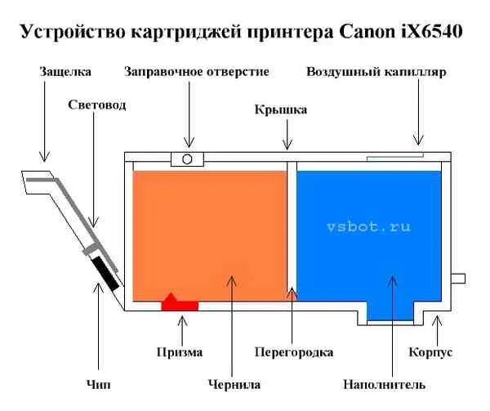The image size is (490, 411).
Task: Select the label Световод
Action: pyautogui.click(x=97, y=105)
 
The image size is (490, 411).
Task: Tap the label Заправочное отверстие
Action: pyautogui.click(x=197, y=72)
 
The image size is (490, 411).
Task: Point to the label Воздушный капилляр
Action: pyautogui.click(x=376, y=72)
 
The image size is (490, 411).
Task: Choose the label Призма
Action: pyautogui.click(x=179, y=353)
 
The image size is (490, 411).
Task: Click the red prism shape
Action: pyautogui.click(x=179, y=303)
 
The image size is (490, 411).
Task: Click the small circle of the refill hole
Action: pyautogui.click(x=186, y=159)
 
